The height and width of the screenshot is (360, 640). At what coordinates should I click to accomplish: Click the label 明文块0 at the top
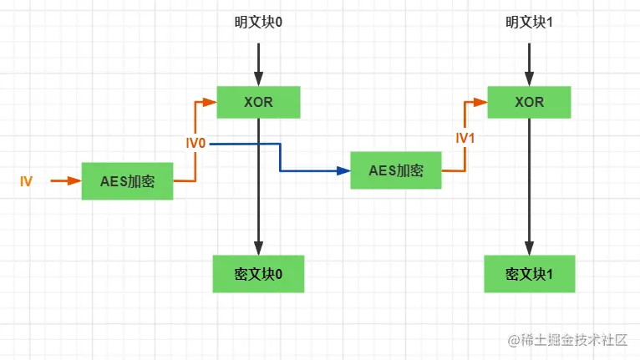click(x=258, y=23)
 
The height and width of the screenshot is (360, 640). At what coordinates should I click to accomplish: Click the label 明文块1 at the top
click(x=529, y=23)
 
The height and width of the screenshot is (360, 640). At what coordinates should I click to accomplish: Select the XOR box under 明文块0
click(x=258, y=102)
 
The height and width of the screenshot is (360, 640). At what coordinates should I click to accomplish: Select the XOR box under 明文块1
click(x=529, y=102)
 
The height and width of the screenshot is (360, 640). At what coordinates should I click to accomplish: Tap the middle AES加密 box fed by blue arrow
click(x=395, y=170)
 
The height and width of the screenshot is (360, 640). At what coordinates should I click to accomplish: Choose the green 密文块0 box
click(x=258, y=274)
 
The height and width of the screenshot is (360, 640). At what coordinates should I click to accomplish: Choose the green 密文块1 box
click(x=529, y=274)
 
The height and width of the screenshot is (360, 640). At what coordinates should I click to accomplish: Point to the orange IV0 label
click(x=196, y=144)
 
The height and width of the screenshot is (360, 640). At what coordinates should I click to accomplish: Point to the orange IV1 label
click(x=465, y=138)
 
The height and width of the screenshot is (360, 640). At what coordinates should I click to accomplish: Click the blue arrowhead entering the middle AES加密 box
click(x=344, y=170)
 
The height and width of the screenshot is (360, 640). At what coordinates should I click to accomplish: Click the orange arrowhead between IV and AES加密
click(x=75, y=180)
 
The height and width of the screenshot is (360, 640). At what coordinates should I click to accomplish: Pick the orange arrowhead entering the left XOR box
click(x=211, y=102)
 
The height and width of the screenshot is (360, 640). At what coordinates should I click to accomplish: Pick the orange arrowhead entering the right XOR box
click(x=482, y=102)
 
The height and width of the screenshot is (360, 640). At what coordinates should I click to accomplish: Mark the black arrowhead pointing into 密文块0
click(x=258, y=249)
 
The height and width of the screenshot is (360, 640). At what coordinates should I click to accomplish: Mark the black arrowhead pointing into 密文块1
click(x=529, y=249)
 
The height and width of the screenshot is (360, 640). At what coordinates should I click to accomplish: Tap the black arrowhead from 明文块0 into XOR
click(x=258, y=80)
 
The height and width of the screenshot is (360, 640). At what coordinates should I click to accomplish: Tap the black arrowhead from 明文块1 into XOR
click(x=529, y=80)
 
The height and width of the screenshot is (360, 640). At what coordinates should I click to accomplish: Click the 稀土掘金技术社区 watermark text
click(x=570, y=340)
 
